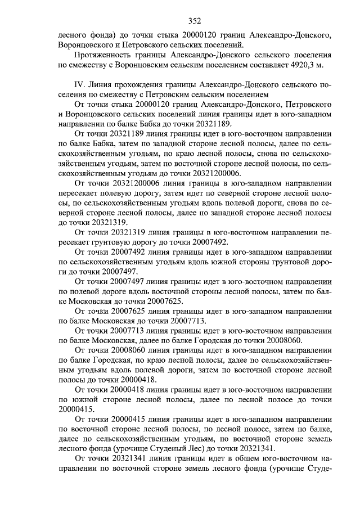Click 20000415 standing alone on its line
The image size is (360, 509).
(78, 410)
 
